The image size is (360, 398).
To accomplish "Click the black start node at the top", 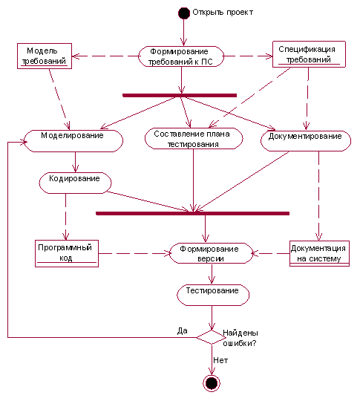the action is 184,13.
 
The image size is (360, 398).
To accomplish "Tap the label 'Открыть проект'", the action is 223,12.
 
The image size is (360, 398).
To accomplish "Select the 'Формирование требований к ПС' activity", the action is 181,56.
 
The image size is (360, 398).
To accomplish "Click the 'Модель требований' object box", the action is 45,56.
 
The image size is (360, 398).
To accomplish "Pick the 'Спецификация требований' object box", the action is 309,54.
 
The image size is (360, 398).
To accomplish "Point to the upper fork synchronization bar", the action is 180,96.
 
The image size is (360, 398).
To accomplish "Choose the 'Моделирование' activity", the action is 73,141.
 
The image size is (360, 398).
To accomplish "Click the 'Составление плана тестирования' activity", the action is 194,139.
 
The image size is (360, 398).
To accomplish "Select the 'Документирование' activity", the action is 306,141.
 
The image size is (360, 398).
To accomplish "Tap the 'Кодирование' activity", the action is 75,183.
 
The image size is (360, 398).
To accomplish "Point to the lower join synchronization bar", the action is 192,213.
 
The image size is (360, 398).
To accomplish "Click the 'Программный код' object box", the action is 67,253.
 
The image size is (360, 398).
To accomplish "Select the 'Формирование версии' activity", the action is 211,253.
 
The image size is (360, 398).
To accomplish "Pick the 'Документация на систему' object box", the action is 319,253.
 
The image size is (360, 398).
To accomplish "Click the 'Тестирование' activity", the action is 213,295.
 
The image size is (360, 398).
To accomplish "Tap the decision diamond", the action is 212,337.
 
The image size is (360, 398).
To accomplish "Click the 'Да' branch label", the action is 182,330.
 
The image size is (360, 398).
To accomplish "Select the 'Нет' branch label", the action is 220,360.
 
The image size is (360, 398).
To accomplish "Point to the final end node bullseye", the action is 212,383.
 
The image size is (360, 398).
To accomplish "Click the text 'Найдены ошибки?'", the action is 240,338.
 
